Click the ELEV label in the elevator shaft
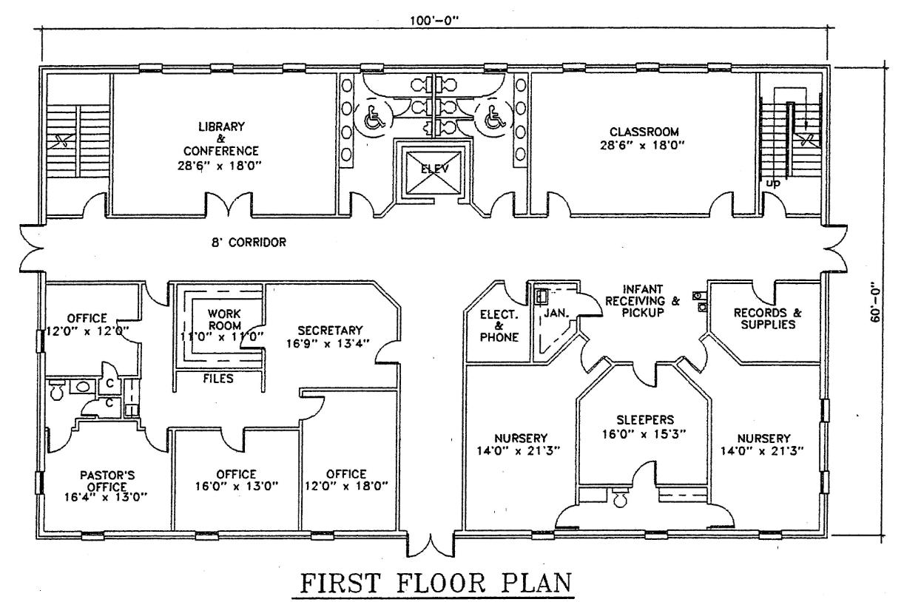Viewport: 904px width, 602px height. (435, 169)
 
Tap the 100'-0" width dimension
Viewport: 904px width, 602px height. (435, 21)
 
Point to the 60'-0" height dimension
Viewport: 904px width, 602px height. (874, 305)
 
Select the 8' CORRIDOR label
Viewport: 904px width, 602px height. (249, 242)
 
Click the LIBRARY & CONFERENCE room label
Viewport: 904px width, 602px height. (220, 146)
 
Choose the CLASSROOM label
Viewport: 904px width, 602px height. (644, 132)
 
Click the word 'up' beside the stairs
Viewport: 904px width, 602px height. (773, 183)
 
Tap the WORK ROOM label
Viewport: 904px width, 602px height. (225, 319)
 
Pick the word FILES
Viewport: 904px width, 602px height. (218, 379)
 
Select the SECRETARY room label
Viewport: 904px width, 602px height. (330, 331)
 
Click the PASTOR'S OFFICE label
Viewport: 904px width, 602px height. (107, 481)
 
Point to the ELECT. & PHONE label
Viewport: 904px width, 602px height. (499, 326)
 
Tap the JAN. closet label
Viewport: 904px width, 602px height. (556, 313)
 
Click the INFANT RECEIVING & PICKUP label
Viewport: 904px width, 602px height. (642, 300)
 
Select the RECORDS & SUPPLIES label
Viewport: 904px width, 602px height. (768, 318)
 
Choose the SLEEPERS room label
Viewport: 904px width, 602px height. (645, 420)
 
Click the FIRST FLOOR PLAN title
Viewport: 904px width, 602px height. (436, 583)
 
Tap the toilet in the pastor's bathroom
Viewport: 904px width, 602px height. (55, 390)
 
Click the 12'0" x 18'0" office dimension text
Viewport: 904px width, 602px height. (346, 486)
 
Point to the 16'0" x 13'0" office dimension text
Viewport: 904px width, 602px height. (237, 486)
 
